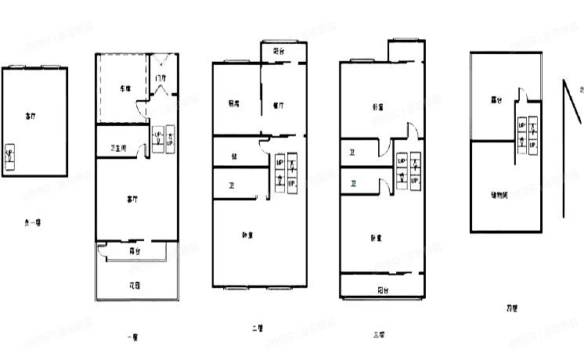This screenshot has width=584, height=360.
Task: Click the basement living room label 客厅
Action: (30, 116)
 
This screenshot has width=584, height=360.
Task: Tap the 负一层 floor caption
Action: (33, 222)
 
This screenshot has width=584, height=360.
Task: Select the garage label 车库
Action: (124, 88)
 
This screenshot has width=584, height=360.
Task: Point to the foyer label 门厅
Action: (160, 78)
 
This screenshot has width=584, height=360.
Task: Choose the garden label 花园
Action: (134, 285)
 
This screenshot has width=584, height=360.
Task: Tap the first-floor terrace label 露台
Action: (134, 250)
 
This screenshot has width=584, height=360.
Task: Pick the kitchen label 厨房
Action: (234, 103)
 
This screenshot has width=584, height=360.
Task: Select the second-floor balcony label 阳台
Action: (279, 51)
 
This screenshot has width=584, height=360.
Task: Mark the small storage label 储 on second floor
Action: (234, 156)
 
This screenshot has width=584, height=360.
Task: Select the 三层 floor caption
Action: (379, 335)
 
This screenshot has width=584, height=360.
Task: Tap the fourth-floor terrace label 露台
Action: (496, 100)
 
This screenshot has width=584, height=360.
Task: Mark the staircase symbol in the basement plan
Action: (9, 153)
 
